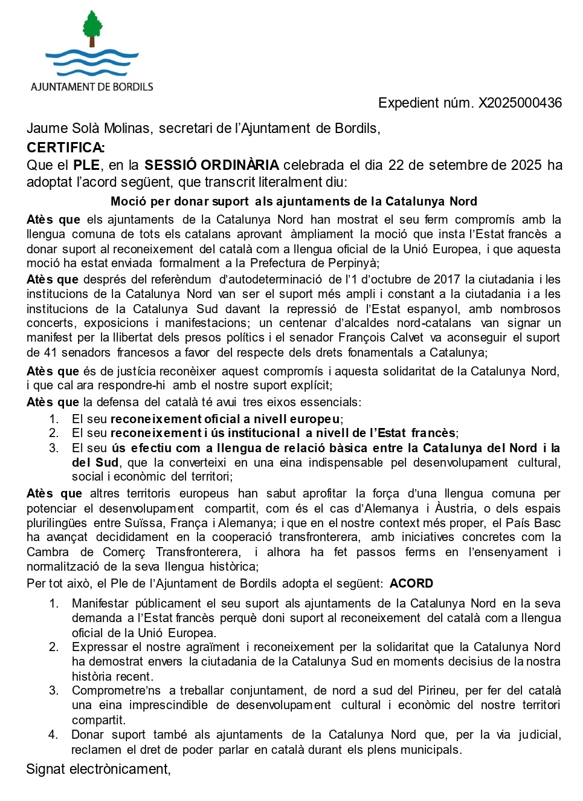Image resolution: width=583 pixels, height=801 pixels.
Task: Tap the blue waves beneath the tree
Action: [x=92, y=62]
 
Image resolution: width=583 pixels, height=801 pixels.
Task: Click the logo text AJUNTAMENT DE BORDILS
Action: [x=92, y=87]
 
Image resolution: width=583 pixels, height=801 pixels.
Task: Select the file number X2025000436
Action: [x=520, y=103]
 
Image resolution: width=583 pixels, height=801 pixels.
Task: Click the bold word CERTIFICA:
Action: [x=65, y=148]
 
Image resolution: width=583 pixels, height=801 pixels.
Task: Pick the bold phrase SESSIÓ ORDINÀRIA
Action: [x=211, y=165]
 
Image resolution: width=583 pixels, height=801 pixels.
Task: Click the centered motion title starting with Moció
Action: [x=294, y=201]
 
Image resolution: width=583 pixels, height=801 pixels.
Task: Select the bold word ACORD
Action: [x=411, y=583]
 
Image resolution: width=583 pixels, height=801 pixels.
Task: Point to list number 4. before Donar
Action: [x=53, y=735]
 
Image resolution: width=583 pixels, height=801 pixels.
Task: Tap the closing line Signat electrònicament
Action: [x=98, y=769]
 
